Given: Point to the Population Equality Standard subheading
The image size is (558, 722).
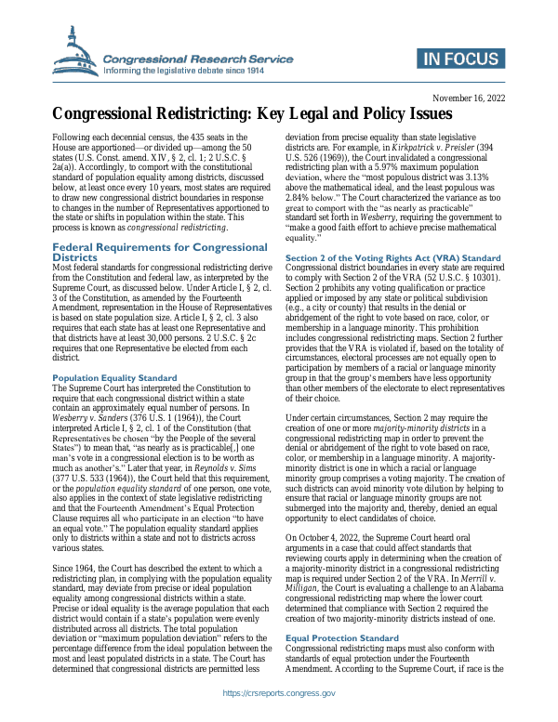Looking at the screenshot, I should click(x=114, y=379).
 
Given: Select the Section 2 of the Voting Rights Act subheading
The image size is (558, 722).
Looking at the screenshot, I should click(x=392, y=256).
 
